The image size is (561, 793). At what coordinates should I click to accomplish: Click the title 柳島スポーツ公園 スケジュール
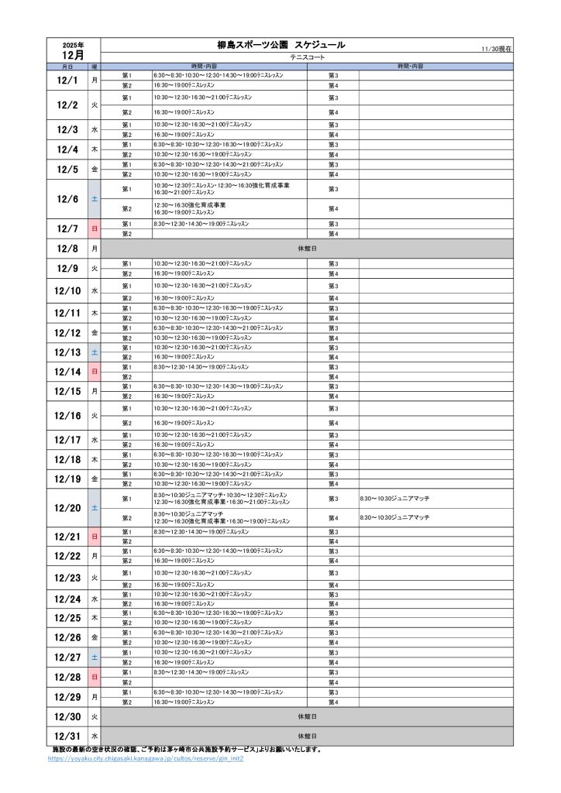280,46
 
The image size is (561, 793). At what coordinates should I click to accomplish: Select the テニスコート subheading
307,58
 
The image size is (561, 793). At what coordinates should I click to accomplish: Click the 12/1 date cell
67,80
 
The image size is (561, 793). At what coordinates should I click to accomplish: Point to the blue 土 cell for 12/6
95,199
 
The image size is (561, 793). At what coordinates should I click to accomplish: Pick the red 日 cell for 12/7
95,228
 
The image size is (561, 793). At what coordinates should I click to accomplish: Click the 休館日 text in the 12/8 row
307,249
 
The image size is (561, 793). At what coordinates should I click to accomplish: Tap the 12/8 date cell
67,249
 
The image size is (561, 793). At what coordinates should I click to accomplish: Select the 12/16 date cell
67,416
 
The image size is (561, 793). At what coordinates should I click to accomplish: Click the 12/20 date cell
67,508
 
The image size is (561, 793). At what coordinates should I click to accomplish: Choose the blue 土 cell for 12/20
95,508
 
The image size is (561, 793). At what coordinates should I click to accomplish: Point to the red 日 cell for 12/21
95,537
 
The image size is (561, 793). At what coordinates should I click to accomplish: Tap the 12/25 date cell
67,617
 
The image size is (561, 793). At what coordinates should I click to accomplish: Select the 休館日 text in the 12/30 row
307,717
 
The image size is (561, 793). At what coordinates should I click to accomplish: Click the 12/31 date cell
67,736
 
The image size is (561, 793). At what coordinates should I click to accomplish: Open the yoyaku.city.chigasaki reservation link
146,759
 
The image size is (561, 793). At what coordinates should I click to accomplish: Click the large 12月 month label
73,55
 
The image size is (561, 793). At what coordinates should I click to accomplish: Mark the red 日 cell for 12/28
95,677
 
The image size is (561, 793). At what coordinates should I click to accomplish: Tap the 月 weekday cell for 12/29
95,697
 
